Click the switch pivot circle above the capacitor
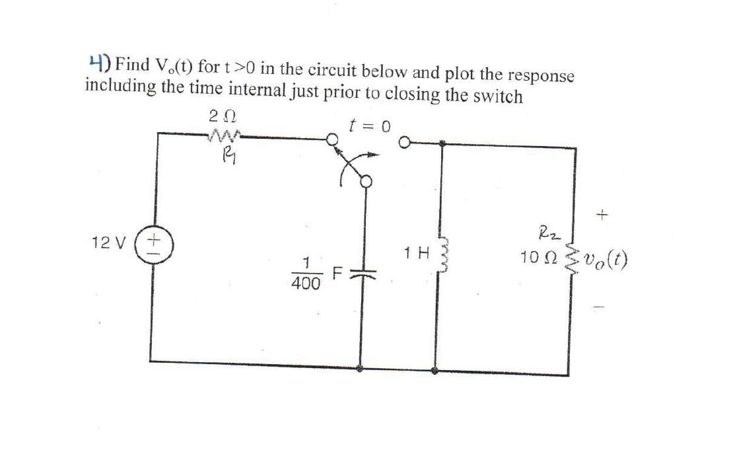[x=365, y=180]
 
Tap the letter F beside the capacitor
[x=337, y=272]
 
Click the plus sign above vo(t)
[x=601, y=215]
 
